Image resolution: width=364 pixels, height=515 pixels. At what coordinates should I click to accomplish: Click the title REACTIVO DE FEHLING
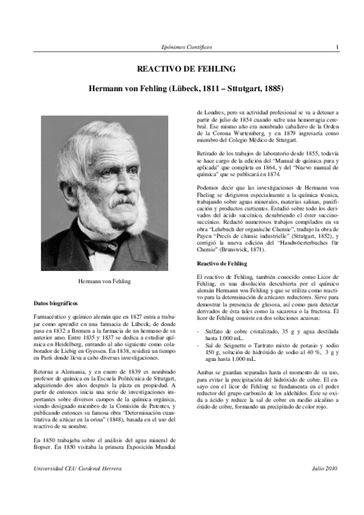coord(182,69)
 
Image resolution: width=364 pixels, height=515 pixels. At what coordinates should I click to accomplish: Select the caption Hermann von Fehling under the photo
coord(105,281)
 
